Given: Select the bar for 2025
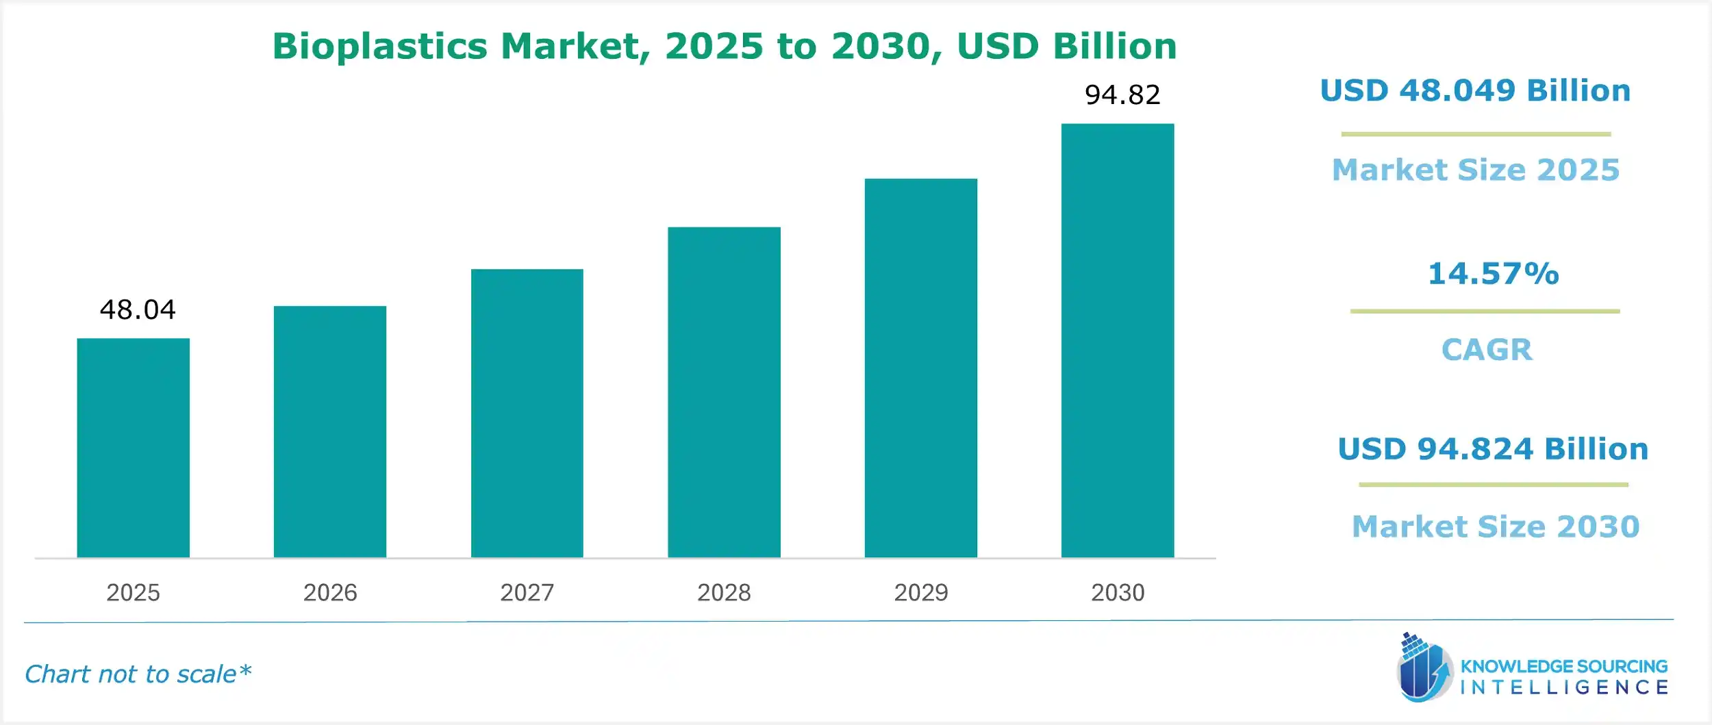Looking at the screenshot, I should click(x=133, y=448).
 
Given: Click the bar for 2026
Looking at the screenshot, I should click(x=330, y=432).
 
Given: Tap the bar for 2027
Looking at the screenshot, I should click(x=527, y=414).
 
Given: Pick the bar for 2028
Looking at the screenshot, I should click(x=724, y=392).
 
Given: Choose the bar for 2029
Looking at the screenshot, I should click(x=920, y=368).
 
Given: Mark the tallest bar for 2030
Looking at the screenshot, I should click(x=1118, y=341).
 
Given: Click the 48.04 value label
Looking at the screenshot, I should click(x=138, y=310).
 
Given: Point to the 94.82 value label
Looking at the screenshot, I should click(x=1122, y=95).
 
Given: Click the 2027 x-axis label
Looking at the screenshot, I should click(x=527, y=592).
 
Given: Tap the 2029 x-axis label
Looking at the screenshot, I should click(x=920, y=592).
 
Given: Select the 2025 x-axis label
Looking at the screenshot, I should click(x=133, y=592).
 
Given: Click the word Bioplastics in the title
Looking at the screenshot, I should click(x=380, y=47).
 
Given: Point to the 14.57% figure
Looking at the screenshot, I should click(x=1493, y=274).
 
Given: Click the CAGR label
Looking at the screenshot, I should click(x=1487, y=350).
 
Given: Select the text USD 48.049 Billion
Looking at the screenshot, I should click(x=1475, y=91).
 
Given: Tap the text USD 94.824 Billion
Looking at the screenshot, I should click(x=1493, y=449).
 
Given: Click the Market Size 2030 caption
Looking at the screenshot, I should click(x=1496, y=526).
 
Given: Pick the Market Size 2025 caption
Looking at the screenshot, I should click(x=1476, y=170).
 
